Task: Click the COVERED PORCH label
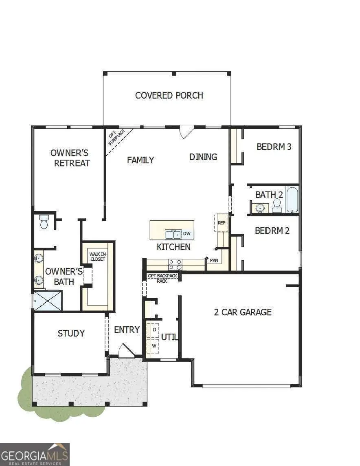click(x=169, y=95)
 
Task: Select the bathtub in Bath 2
click(x=292, y=200)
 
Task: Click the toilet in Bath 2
click(x=277, y=205)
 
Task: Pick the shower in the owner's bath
click(x=48, y=301)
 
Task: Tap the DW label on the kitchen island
click(x=187, y=234)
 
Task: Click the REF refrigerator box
click(x=222, y=223)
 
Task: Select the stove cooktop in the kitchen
click(x=175, y=264)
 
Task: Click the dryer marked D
click(x=154, y=329)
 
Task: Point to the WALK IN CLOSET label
click(x=97, y=256)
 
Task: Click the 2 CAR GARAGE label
click(x=243, y=312)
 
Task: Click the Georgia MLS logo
click(x=35, y=454)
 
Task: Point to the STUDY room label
click(x=71, y=333)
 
